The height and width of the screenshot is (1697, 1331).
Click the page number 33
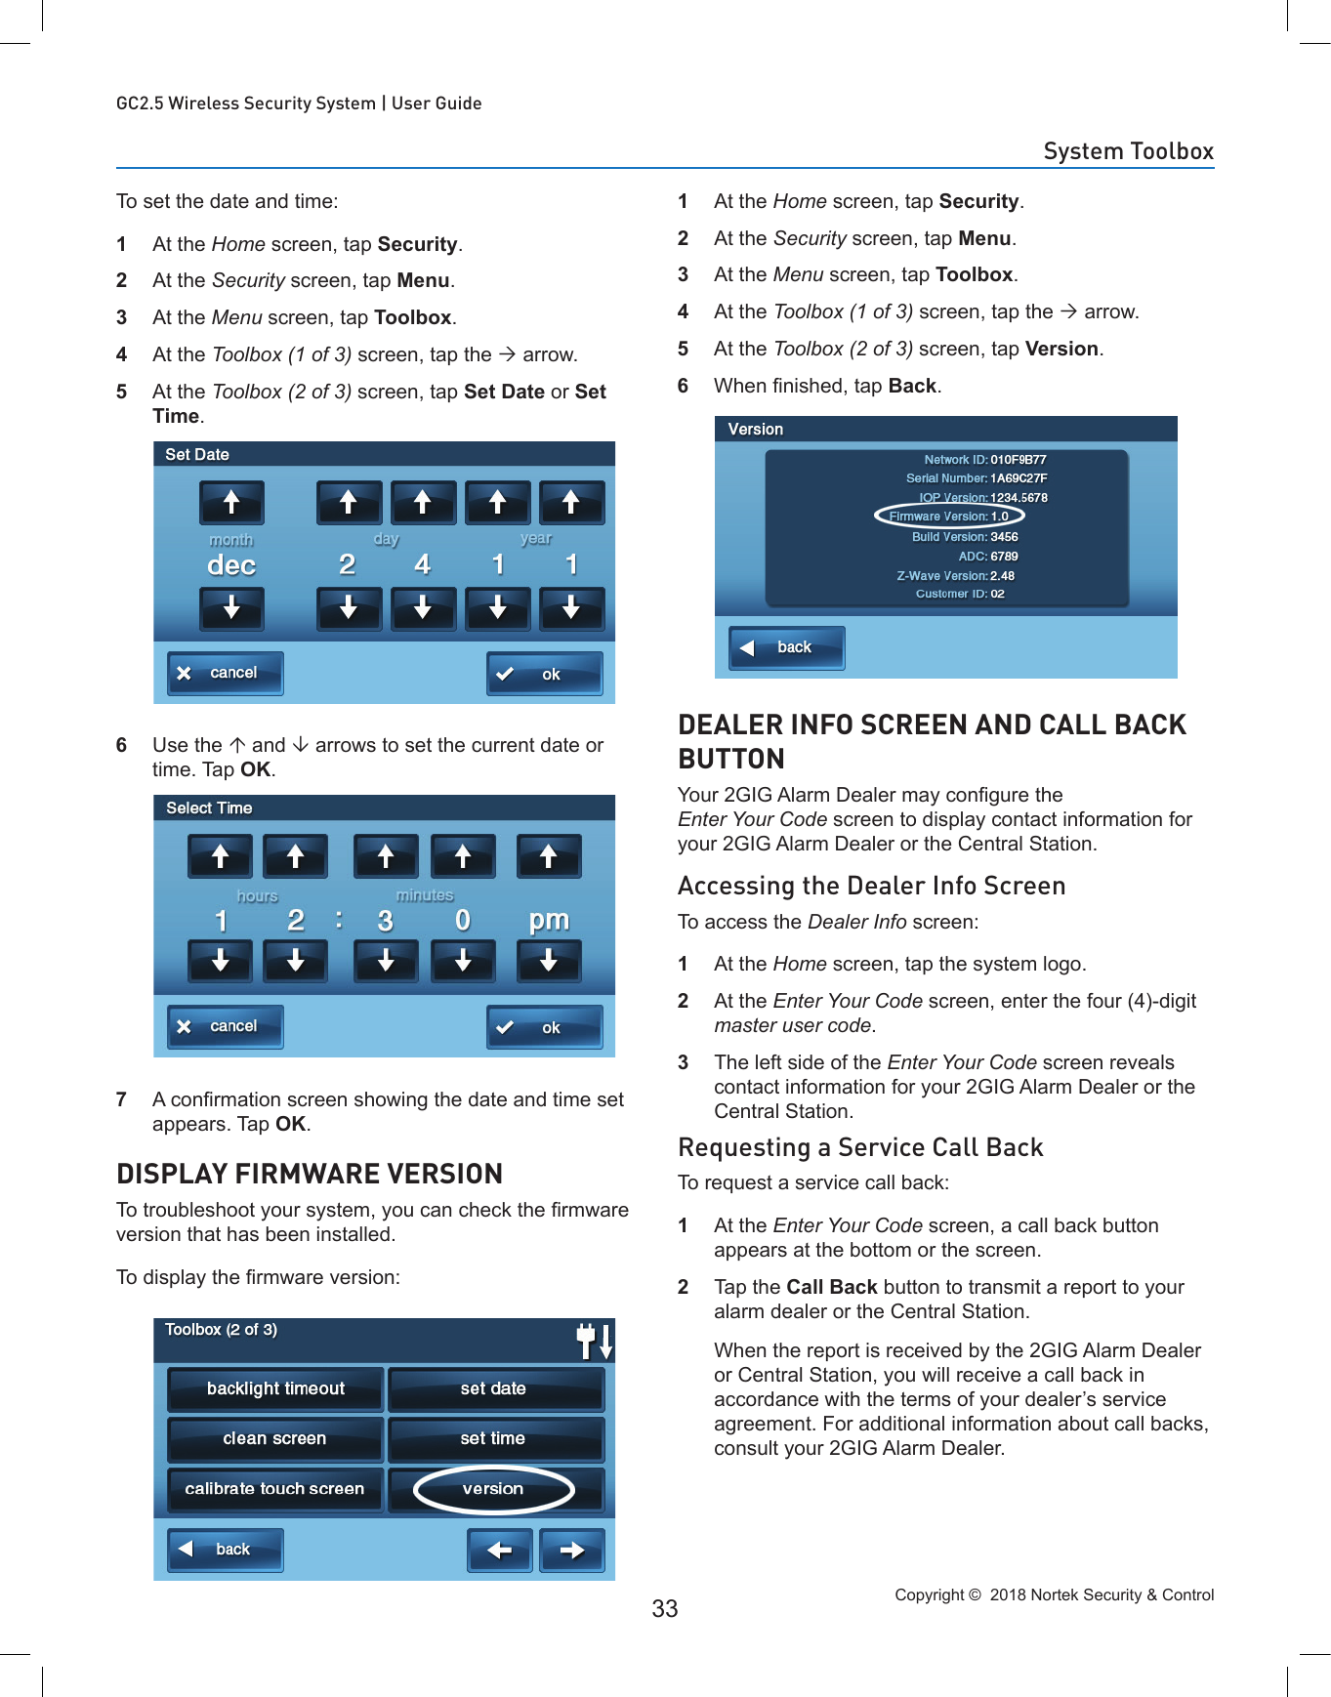click(x=664, y=1608)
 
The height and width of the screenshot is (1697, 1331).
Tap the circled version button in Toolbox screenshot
click(x=493, y=1489)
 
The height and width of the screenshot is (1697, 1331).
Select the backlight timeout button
click(x=275, y=1388)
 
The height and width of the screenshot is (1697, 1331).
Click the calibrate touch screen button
click(x=274, y=1489)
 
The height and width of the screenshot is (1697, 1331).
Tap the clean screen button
click(x=274, y=1438)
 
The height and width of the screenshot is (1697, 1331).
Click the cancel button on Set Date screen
click(x=225, y=673)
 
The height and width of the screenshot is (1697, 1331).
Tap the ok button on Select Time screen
click(x=544, y=1027)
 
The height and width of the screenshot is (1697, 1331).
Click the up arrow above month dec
click(x=231, y=503)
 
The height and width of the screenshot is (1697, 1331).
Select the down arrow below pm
click(x=549, y=961)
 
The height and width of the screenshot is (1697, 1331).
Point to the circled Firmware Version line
click(x=949, y=517)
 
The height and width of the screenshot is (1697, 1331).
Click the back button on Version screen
click(x=786, y=647)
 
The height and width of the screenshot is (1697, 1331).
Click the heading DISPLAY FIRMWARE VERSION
click(x=310, y=1174)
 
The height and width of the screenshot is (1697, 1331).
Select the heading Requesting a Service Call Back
click(x=860, y=1147)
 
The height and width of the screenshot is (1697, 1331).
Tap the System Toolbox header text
click(x=1128, y=151)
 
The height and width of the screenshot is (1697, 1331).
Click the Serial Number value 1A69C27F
click(x=1019, y=478)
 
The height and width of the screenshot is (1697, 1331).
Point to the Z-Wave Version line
click(x=955, y=576)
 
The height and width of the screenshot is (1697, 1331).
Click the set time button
click(x=493, y=1438)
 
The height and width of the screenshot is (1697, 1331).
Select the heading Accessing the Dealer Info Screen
click(x=871, y=886)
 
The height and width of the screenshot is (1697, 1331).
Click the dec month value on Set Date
click(x=231, y=565)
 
